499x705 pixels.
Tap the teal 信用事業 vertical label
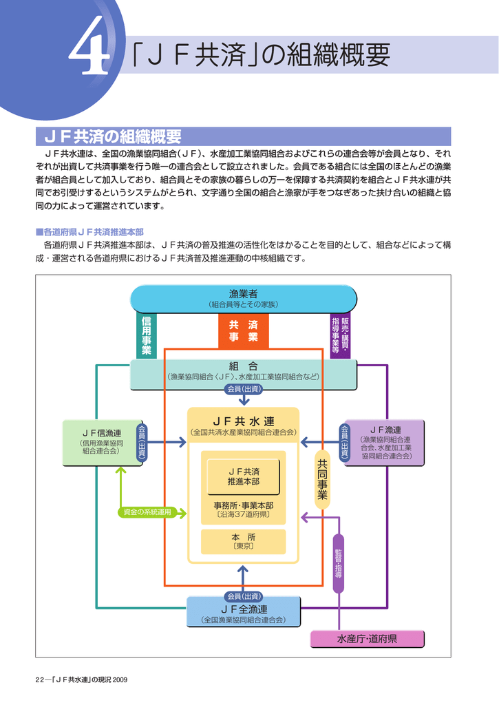pyautogui.click(x=147, y=336)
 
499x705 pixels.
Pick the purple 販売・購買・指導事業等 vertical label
pyautogui.click(x=340, y=336)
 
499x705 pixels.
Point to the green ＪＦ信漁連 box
pyautogui.click(x=103, y=441)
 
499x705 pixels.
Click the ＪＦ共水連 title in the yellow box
pyautogui.click(x=244, y=420)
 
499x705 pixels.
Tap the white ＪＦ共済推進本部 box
pyautogui.click(x=244, y=476)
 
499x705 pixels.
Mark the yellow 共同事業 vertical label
pyautogui.click(x=321, y=480)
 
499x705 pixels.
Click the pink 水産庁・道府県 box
pyautogui.click(x=367, y=640)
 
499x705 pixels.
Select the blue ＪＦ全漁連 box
pyautogui.click(x=244, y=612)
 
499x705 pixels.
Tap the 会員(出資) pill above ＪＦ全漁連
pyautogui.click(x=244, y=596)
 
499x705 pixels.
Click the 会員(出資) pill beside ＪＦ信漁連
pyautogui.click(x=142, y=441)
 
